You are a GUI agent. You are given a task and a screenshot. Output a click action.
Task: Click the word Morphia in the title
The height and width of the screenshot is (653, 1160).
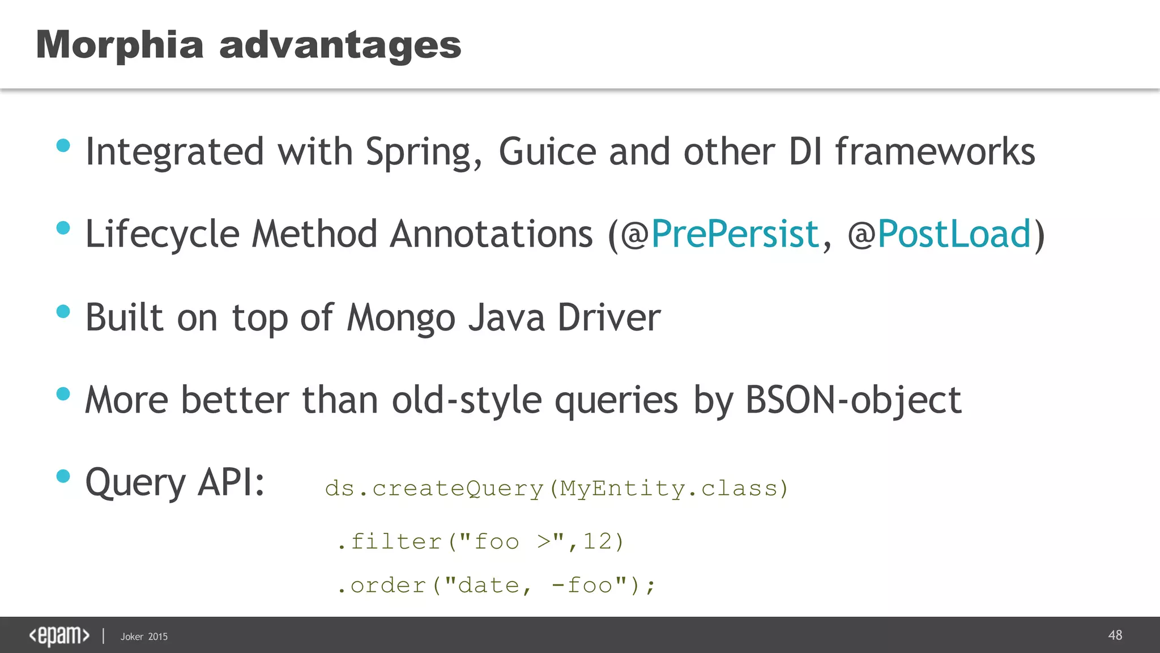coord(120,45)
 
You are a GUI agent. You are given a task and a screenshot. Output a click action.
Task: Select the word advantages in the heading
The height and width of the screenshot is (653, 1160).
coord(340,46)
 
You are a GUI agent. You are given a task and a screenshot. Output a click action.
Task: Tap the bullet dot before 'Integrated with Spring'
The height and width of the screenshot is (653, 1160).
coord(63,146)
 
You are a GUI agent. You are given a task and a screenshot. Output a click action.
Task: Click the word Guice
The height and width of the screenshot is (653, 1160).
coord(547,152)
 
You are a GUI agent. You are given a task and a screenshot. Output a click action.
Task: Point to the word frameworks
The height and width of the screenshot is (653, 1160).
coord(935,152)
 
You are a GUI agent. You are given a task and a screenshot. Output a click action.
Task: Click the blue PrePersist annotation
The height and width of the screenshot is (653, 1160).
coord(735,234)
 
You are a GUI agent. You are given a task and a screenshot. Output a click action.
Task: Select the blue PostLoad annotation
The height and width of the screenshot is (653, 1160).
coord(954,234)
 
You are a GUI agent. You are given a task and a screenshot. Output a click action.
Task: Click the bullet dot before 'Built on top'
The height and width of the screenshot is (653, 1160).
coord(63,311)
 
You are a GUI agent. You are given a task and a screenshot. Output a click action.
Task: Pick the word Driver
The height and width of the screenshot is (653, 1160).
coord(609,317)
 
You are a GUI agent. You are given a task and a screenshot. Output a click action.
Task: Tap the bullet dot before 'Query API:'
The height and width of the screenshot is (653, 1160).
coord(63,476)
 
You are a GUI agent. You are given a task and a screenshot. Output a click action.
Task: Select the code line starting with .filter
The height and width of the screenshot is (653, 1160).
coord(480,542)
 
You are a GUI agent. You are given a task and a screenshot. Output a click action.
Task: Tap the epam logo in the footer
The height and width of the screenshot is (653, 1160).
coord(59,636)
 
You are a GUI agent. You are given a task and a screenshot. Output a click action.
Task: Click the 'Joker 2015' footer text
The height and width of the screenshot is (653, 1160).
coord(144,637)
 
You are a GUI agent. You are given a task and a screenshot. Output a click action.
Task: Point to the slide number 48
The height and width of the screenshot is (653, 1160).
coord(1115,635)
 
